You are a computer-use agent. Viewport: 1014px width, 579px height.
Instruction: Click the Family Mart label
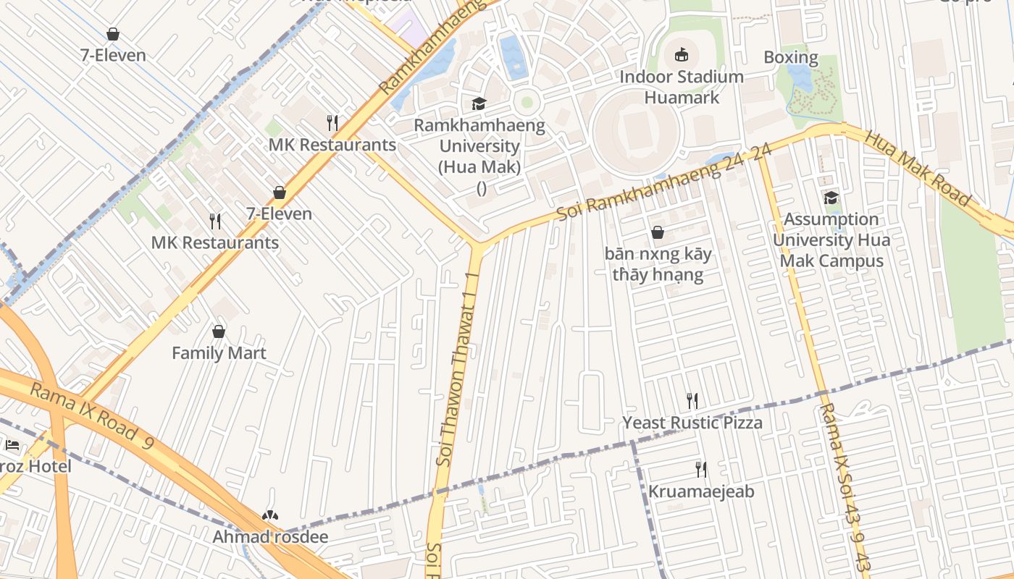219,353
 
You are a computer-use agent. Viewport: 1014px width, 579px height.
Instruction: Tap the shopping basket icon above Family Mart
219,331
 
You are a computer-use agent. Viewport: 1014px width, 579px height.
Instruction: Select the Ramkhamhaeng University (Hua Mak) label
480,147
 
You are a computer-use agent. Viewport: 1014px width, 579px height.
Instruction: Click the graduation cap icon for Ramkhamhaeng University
479,104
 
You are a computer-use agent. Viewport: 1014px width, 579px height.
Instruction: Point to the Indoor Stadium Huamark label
682,87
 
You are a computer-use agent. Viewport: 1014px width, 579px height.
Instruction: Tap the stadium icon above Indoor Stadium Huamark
682,54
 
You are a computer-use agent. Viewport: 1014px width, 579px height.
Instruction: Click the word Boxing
791,57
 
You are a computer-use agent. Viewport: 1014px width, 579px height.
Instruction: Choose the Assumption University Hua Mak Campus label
831,240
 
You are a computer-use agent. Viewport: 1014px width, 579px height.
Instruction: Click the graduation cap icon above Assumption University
831,198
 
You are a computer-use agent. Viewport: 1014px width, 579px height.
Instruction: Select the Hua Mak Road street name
917,168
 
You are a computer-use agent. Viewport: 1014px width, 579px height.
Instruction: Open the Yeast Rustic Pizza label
692,423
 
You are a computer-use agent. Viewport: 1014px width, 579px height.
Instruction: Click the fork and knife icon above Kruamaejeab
700,470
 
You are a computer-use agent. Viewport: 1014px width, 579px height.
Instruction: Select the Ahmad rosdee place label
270,537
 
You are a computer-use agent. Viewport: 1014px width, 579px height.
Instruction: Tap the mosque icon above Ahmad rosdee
270,515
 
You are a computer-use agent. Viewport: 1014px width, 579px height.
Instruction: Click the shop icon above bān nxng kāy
658,232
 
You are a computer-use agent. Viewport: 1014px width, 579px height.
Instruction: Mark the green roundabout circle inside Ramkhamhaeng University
527,102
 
